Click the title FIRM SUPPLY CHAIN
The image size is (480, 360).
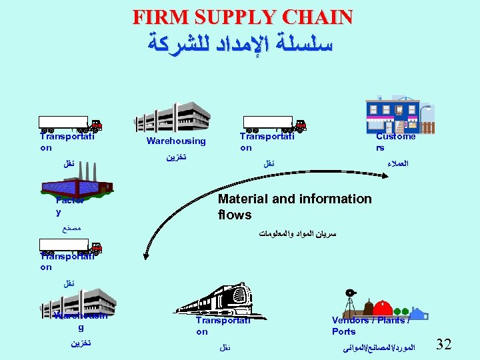tap(242, 17)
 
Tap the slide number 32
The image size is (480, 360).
tap(443, 344)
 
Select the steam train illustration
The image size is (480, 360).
tap(217, 299)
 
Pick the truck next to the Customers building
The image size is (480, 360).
tap(274, 123)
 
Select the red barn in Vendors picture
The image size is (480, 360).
tap(381, 308)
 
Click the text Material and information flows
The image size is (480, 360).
tap(294, 207)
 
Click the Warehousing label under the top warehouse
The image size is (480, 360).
tap(176, 141)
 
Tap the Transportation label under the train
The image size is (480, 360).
tap(222, 326)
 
